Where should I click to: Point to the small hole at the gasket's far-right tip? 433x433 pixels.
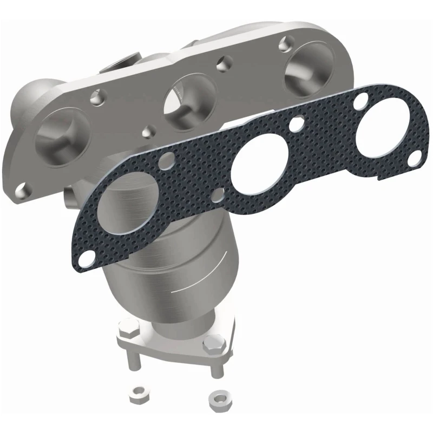tap(416, 156)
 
